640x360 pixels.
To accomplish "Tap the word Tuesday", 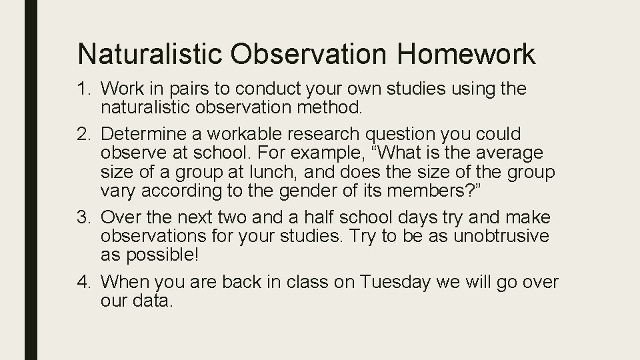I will click(394, 283).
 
